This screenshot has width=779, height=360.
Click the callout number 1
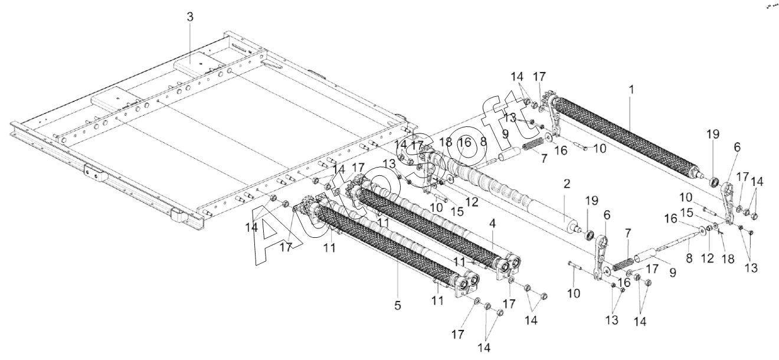[631, 90]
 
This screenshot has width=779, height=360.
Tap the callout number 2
[567, 184]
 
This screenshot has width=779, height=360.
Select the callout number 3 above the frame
[190, 17]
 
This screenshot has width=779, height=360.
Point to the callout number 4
[492, 223]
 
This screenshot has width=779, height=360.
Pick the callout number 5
[398, 306]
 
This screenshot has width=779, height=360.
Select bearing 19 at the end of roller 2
[589, 235]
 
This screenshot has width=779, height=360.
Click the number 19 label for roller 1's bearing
[712, 134]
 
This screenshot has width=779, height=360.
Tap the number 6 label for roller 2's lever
[607, 215]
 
